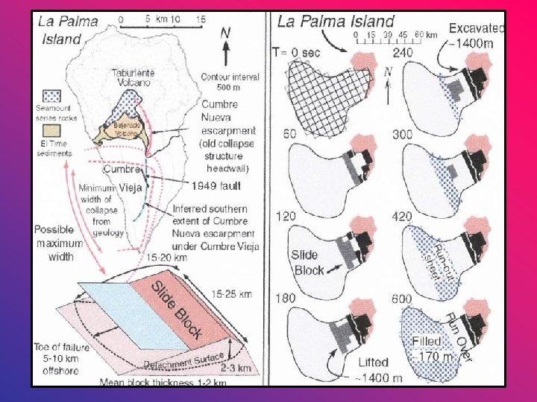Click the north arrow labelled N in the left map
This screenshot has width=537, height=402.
click(224, 43)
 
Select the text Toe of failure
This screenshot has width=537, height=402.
click(63, 346)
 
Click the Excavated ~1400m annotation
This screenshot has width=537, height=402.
click(477, 36)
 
